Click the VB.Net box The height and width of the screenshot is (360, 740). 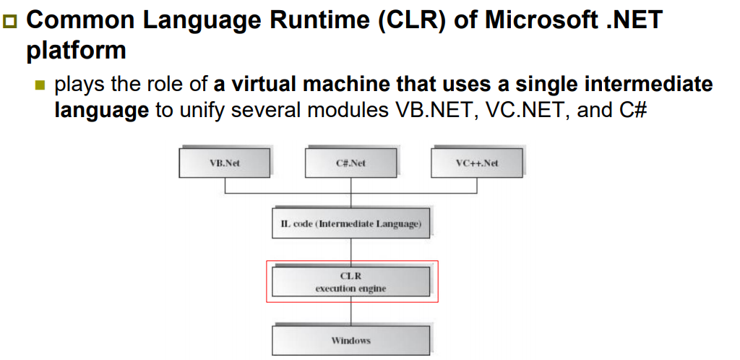pyautogui.click(x=224, y=163)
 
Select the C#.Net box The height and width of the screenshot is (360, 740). pyautogui.click(x=350, y=163)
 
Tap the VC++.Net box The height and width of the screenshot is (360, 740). pyautogui.click(x=477, y=163)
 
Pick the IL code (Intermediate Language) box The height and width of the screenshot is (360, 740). pyautogui.click(x=350, y=224)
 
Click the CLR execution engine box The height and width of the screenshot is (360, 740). pyautogui.click(x=350, y=281)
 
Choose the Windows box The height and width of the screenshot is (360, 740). pyautogui.click(x=350, y=340)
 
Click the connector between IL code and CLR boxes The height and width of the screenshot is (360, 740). pyautogui.click(x=351, y=249)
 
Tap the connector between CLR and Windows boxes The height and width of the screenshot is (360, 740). pyautogui.click(x=351, y=314)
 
